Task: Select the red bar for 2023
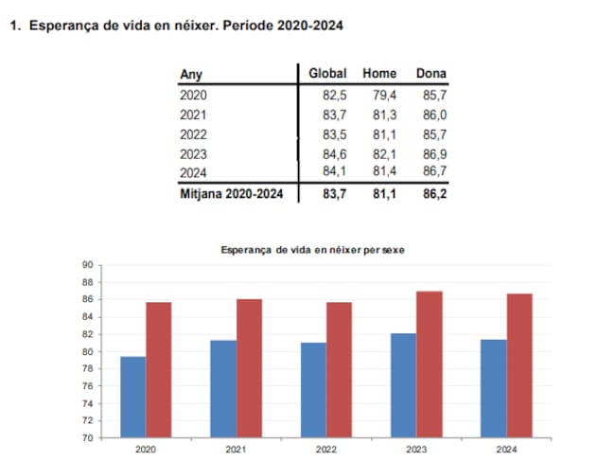[429, 364]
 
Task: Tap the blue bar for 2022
[313, 390]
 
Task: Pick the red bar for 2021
[249, 368]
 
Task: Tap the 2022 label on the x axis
[326, 450]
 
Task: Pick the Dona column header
[430, 74]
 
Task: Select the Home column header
[379, 74]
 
